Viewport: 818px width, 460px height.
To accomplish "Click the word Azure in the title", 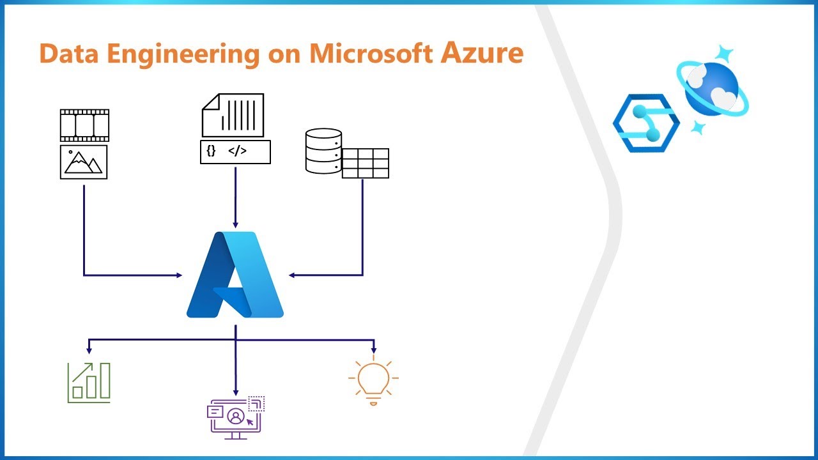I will (x=482, y=53).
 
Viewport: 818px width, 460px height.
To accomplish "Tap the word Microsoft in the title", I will (x=371, y=53).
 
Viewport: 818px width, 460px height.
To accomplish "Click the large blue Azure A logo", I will (x=235, y=275).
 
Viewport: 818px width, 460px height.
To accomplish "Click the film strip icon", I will (x=84, y=125).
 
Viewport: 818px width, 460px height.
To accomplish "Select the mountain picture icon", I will (x=84, y=162).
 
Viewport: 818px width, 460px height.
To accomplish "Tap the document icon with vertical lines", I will (x=233, y=115).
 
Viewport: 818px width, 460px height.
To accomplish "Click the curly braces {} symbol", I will (x=212, y=151).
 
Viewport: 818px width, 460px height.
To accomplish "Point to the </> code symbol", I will (x=237, y=151).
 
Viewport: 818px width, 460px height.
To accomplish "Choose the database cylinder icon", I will (x=323, y=151).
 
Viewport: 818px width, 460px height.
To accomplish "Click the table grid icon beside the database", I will (x=366, y=164).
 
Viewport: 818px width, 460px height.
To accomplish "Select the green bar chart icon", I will (x=89, y=383).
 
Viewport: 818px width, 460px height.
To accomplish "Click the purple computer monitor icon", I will (x=235, y=418).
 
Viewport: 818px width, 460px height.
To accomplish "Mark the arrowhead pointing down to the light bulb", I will (x=374, y=349).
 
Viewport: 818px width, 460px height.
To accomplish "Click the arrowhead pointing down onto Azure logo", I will (x=235, y=224).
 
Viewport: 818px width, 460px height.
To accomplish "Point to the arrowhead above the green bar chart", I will (x=89, y=349).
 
